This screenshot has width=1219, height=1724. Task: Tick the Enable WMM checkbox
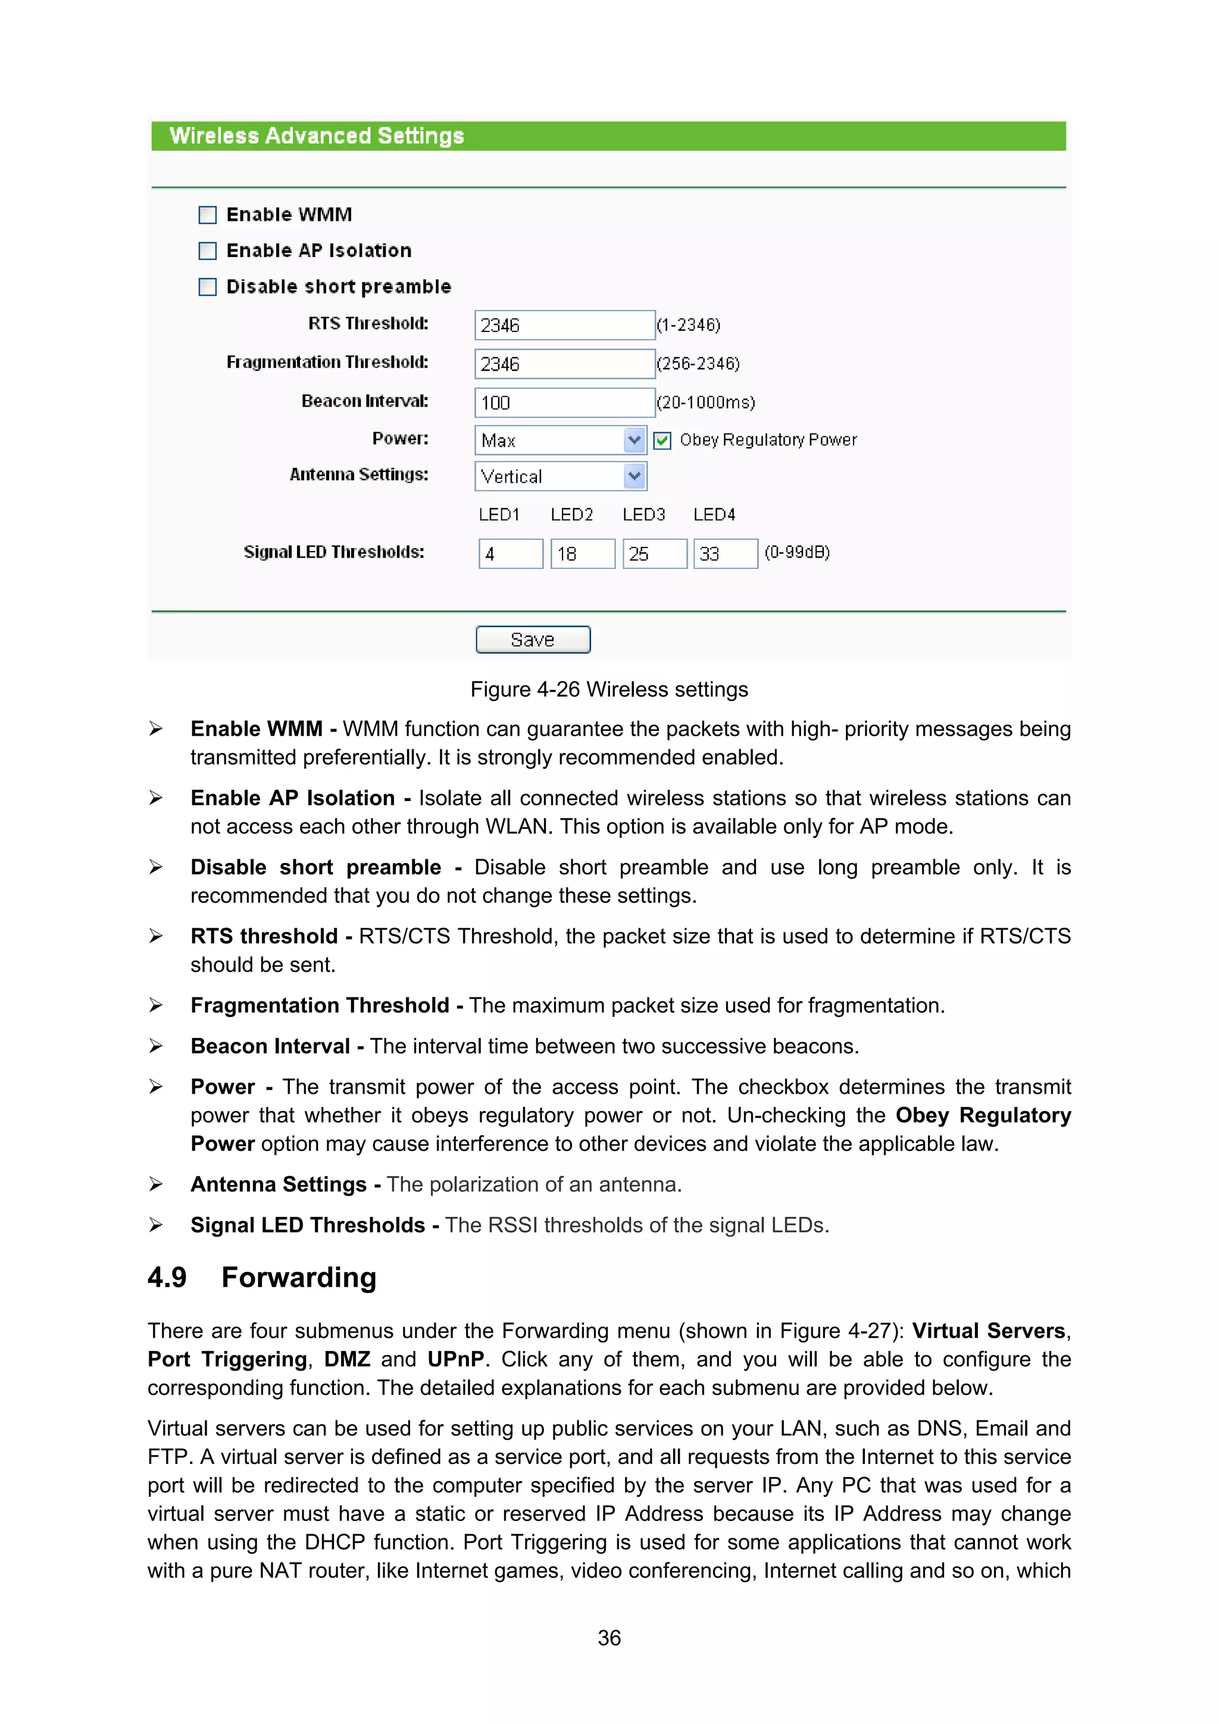tap(207, 215)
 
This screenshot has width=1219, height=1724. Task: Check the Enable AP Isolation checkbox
tap(207, 251)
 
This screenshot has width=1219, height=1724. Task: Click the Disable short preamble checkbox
tap(207, 287)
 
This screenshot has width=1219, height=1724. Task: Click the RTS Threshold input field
tap(564, 325)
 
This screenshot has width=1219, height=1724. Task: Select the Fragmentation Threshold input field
tap(564, 364)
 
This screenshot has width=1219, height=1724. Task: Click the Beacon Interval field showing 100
tap(564, 402)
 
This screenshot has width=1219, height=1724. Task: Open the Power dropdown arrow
tap(634, 440)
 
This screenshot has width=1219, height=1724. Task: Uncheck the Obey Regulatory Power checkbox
tap(662, 441)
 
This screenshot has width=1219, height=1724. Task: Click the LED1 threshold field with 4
tap(511, 554)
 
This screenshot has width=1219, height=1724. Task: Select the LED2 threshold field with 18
tap(583, 554)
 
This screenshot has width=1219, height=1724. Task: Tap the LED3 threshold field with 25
tap(654, 554)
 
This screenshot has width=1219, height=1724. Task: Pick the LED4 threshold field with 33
tap(725, 554)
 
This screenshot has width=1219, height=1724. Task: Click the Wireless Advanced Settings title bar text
tap(316, 136)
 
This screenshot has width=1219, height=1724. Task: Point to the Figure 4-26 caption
tap(609, 689)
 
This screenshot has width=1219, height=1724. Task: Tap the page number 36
tap(609, 1638)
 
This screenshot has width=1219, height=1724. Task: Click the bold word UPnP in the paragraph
tap(456, 1359)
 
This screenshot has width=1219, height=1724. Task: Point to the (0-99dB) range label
tap(797, 553)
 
